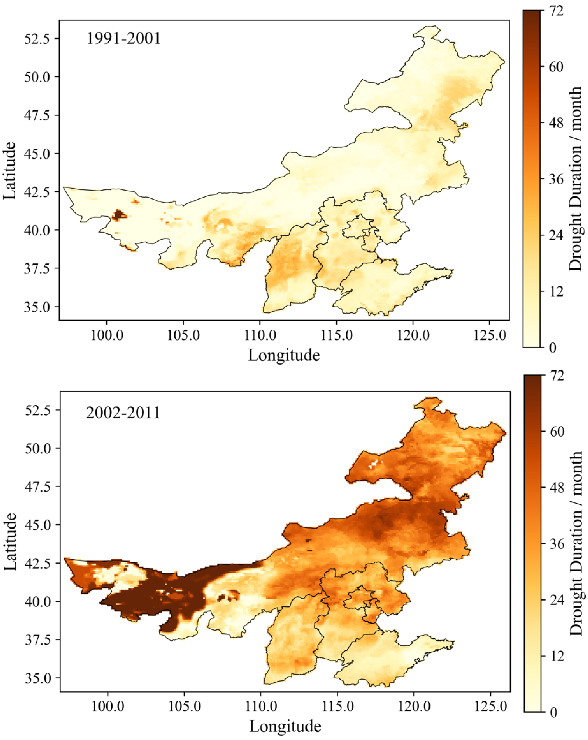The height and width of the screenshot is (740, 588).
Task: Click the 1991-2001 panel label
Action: pyautogui.click(x=123, y=38)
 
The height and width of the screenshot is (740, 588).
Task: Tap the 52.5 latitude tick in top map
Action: pyautogui.click(x=37, y=38)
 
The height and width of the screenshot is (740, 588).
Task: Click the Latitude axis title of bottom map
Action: pyautogui.click(x=10, y=542)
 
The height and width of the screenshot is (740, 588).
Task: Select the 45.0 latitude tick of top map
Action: pyautogui.click(x=37, y=153)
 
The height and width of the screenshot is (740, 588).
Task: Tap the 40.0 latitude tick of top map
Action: pyautogui.click(x=37, y=230)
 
